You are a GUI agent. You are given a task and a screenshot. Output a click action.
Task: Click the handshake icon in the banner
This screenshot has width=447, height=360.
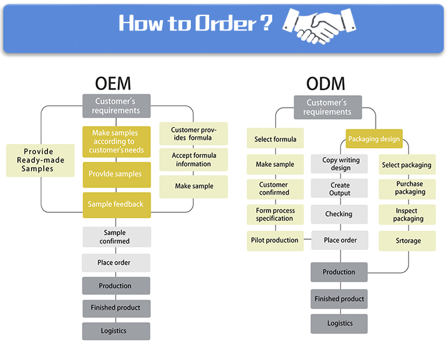coord(319,26)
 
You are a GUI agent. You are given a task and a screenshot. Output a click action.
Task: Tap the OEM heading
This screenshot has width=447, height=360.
coord(113,84)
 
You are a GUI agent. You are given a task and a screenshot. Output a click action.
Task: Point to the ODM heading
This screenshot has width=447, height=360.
coord(326,84)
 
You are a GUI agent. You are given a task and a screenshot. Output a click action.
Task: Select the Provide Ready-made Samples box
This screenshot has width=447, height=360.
coord(41,161)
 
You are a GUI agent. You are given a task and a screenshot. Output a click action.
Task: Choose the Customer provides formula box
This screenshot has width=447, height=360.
coord(194,134)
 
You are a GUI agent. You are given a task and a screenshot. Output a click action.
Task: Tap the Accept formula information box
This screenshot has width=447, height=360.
coord(194,159)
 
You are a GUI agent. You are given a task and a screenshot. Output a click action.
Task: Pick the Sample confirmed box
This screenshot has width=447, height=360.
coord(116,237)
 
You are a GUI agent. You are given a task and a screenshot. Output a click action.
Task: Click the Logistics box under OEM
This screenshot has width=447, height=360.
coord(116,331)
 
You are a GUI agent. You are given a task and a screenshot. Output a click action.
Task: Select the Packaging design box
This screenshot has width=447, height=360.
coord(374,139)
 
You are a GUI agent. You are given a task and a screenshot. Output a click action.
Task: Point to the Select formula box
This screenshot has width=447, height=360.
coord(275,138)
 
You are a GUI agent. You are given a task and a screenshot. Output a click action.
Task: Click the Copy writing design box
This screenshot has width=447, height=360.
coord(339,164)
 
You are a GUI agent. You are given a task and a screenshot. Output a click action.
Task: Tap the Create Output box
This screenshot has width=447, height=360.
coord(339,188)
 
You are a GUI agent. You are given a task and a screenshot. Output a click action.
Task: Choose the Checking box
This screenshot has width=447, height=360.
coord(339,214)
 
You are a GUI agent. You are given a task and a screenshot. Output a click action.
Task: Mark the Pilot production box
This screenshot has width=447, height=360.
coord(275,241)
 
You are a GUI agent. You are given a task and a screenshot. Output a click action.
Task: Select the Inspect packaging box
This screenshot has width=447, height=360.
coord(407,214)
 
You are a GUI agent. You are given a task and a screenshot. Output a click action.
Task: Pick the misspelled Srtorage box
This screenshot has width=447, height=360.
coord(407,241)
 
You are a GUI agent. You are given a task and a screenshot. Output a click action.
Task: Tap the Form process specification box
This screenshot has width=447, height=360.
coord(275,214)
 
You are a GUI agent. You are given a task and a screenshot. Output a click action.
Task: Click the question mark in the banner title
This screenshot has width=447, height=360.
coord(266,23)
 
